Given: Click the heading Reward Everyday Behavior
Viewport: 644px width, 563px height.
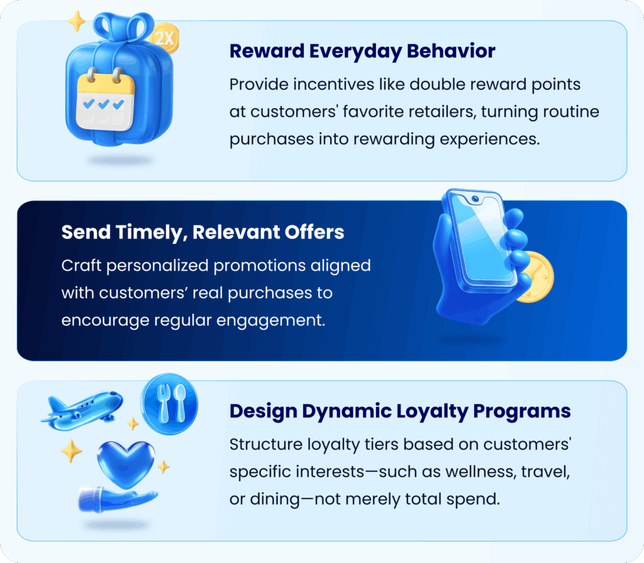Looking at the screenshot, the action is (362, 52).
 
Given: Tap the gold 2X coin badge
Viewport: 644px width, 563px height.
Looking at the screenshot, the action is (165, 39).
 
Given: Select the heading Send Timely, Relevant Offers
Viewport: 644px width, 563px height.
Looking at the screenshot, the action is (203, 232).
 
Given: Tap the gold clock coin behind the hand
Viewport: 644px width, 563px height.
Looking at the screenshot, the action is (535, 277).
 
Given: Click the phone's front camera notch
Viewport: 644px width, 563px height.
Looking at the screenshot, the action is (475, 199).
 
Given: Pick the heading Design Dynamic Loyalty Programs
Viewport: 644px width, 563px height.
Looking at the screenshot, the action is (400, 412).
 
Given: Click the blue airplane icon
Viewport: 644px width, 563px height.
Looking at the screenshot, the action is (82, 410).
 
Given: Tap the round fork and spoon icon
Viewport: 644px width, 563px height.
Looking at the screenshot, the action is (169, 404).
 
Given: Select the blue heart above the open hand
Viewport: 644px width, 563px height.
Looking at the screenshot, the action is (126, 464).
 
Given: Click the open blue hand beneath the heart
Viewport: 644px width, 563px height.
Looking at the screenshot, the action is (116, 498).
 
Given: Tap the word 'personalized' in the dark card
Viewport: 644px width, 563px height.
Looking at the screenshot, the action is (157, 266).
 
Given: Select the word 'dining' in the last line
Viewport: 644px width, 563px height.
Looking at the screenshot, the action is (275, 500).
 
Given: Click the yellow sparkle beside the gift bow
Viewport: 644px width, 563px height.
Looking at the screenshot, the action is (77, 21).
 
